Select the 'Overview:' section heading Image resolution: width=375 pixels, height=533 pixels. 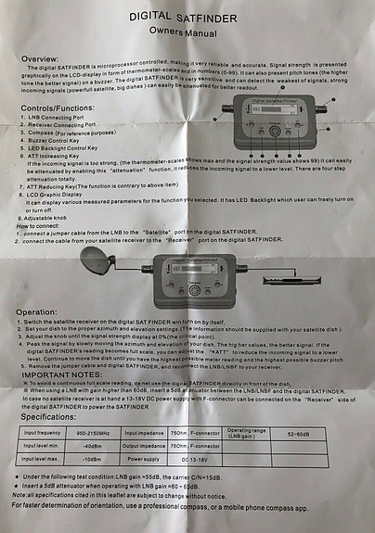coord(41,58)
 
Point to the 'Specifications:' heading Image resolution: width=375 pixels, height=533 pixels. coord(56,418)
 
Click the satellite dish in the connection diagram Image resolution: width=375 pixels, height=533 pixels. coord(99,266)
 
